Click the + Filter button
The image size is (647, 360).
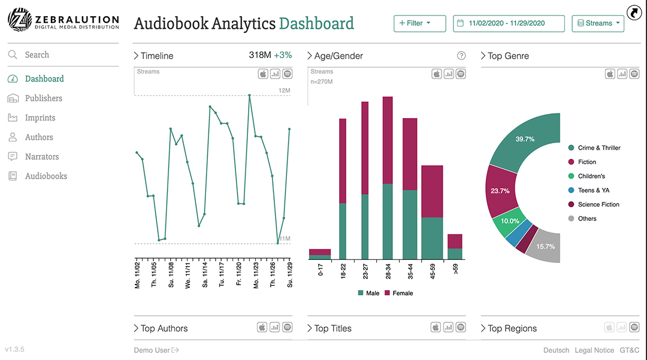[x=419, y=23]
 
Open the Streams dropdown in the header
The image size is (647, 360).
[x=598, y=23]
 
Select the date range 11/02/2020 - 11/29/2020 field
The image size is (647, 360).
[x=509, y=23]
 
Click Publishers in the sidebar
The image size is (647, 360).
[x=43, y=98]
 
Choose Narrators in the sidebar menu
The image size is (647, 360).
[x=42, y=157]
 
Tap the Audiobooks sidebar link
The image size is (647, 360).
[x=46, y=176]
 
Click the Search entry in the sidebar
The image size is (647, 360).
[x=37, y=55]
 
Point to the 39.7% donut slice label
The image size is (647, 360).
[x=525, y=139]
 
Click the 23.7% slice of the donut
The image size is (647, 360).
[x=500, y=191]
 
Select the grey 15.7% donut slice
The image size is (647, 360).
[x=546, y=246]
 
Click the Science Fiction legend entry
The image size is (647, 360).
[x=598, y=205]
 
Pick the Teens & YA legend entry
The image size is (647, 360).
[x=594, y=190]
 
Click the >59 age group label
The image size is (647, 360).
[x=455, y=269]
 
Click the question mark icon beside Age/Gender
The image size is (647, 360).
[x=461, y=56]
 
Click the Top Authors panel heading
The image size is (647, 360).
[x=164, y=329]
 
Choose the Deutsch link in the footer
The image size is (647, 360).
[x=557, y=350]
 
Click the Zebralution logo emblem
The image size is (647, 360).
[x=19, y=20]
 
